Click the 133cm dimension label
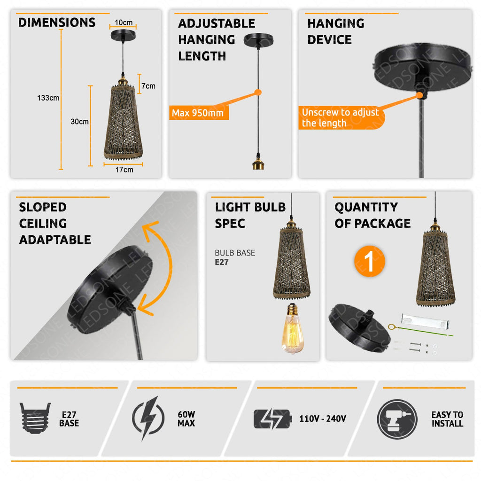(48, 98)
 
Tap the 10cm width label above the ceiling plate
(124, 23)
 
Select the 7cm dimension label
(148, 86)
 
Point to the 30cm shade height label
(79, 122)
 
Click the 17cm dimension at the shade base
(124, 170)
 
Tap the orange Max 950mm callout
(199, 113)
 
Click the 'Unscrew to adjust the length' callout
(341, 117)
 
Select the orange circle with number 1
(369, 261)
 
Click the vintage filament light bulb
(293, 328)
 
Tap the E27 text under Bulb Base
(222, 262)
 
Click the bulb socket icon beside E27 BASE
(35, 418)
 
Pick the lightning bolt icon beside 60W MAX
(148, 418)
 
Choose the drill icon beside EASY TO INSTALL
(397, 419)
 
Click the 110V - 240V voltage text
(323, 419)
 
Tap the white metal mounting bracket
(425, 320)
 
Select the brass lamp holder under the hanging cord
(258, 162)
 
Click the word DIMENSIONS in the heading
(57, 23)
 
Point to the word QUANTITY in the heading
(366, 207)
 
